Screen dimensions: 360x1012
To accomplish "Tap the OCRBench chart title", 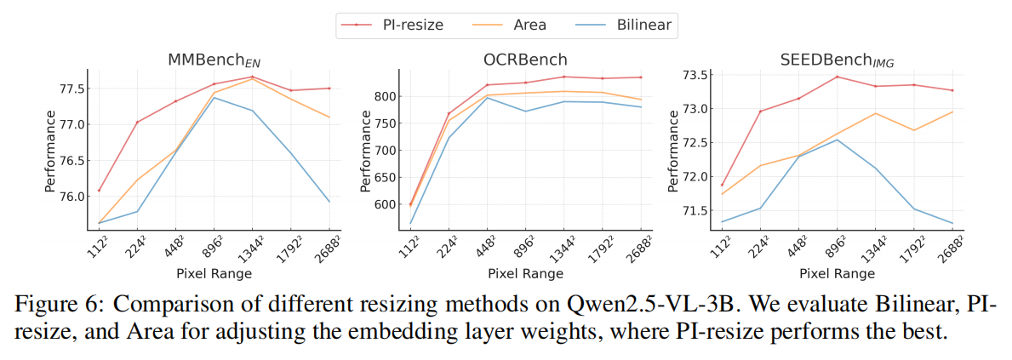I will (x=524, y=60).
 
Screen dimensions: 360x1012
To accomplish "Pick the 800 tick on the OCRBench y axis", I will (x=384, y=96).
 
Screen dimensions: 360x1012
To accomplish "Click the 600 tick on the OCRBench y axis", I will (x=384, y=204).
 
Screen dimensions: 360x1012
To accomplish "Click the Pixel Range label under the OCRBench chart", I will (x=525, y=274).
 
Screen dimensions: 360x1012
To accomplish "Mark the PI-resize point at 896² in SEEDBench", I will (x=838, y=77).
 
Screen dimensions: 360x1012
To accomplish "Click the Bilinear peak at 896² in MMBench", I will (x=214, y=98).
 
